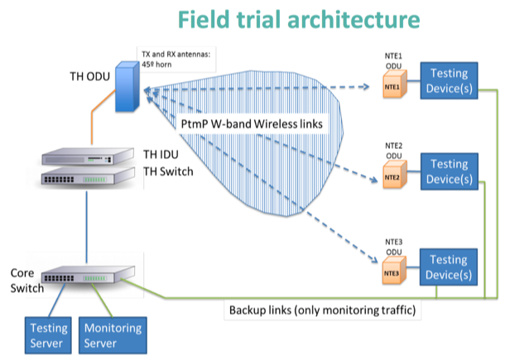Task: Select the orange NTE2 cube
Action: click(x=392, y=177)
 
